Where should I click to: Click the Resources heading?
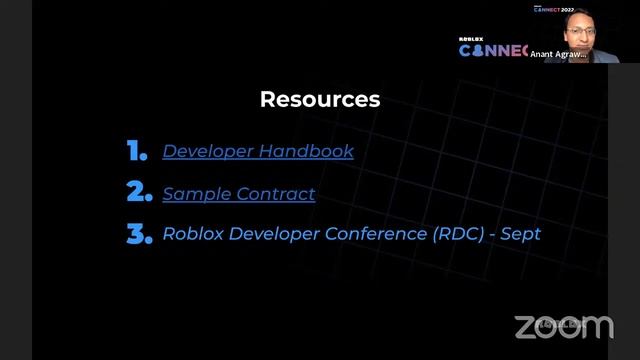coord(320,99)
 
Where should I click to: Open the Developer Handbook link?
coord(258,152)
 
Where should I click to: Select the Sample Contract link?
coord(239,193)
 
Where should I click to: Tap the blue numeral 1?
coord(138,152)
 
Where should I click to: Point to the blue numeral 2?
coord(138,193)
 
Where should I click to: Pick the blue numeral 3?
coord(138,234)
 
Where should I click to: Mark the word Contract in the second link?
coord(278,193)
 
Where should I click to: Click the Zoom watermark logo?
coord(563,326)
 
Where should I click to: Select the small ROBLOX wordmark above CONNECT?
coord(471,40)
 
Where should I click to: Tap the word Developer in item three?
coord(262,234)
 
